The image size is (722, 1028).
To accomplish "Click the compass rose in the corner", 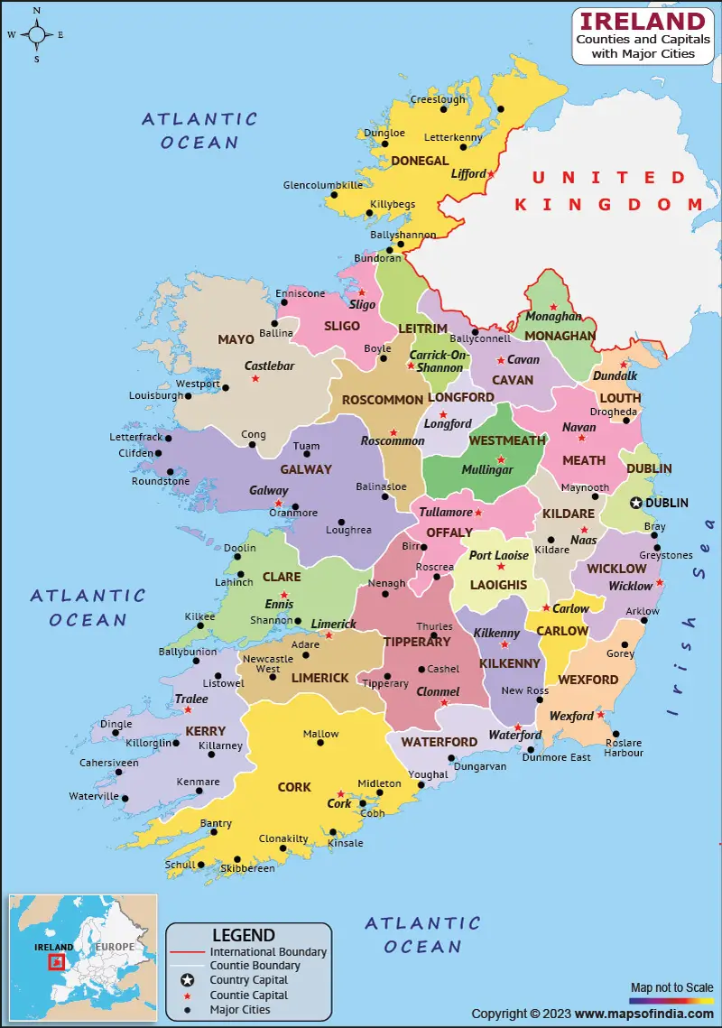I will [x=36, y=35].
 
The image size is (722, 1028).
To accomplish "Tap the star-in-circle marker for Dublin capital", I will [x=636, y=503].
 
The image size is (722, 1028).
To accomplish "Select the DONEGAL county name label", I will [x=420, y=161].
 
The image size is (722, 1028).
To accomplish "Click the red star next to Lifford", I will [x=491, y=172].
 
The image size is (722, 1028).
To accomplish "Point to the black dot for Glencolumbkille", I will [x=333, y=194].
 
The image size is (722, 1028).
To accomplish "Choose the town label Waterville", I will [x=94, y=796].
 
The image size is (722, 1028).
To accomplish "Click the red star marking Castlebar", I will [x=255, y=378].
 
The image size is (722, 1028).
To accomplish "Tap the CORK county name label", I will [x=294, y=787].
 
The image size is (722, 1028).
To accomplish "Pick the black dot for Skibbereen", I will [x=237, y=859].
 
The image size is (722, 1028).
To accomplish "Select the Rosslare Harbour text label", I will [x=624, y=747].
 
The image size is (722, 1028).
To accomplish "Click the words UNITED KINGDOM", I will [x=608, y=190].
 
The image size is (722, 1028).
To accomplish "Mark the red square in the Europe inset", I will [x=57, y=962].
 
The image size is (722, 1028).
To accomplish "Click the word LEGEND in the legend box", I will [x=243, y=935].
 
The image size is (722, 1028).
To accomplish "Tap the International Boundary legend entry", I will [x=268, y=951].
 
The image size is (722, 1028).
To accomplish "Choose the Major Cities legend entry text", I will [x=241, y=1009].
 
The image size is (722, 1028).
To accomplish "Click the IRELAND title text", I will [x=642, y=22].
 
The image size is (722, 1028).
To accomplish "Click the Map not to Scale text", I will [x=671, y=987].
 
